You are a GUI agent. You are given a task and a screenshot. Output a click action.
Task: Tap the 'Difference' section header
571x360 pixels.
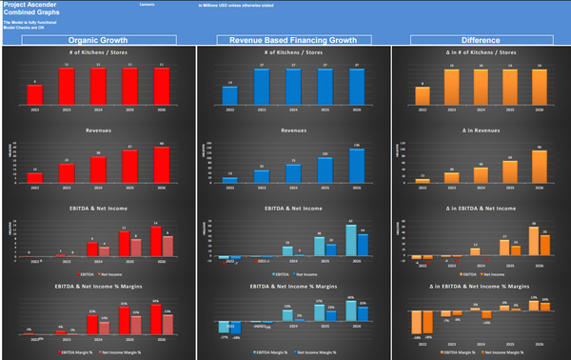pos(476,40)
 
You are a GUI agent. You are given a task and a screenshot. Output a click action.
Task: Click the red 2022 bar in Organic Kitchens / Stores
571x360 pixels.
pos(36,96)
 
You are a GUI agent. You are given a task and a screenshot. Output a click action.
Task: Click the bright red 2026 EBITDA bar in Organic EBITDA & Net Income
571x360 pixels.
pos(155,241)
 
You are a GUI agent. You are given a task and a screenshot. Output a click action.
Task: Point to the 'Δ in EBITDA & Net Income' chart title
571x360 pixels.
pos(476,207)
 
